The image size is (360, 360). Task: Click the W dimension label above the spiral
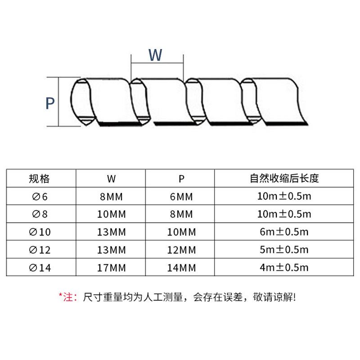[x=155, y=55]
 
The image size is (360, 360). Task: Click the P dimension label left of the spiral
[x=50, y=103]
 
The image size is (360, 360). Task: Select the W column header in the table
[x=111, y=179]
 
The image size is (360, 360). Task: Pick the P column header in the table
[x=181, y=179]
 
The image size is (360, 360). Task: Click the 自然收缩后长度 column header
[x=284, y=178]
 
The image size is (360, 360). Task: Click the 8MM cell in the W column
[x=111, y=196]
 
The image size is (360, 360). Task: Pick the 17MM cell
[x=111, y=268]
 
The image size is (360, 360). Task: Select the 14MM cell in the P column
[x=181, y=268]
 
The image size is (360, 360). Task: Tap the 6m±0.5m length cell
[x=284, y=232]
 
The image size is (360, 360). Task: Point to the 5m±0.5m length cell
[x=284, y=250]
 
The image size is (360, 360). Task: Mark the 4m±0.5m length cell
[x=284, y=268]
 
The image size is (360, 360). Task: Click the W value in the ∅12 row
[x=111, y=250]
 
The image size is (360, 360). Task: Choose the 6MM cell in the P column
[x=181, y=196]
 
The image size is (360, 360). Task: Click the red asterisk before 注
[x=60, y=295]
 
